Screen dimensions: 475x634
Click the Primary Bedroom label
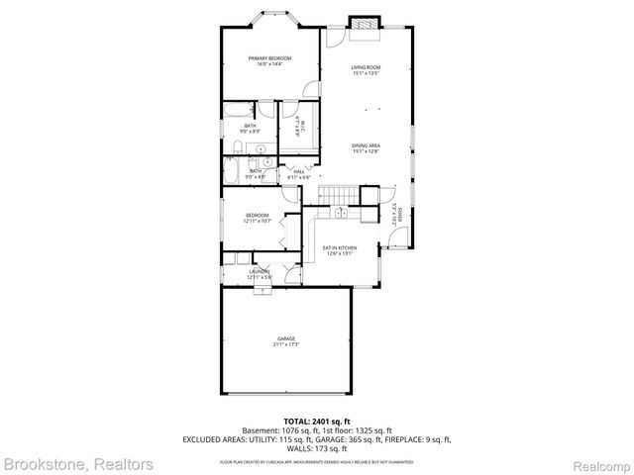[269, 60]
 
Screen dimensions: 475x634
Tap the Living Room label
[366, 69]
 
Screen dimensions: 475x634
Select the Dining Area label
[366, 148]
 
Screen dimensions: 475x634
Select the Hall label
[298, 172]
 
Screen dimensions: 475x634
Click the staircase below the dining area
[338, 192]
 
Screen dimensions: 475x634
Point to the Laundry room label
[259, 272]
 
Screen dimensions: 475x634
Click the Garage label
[285, 340]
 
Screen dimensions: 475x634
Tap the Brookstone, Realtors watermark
[77, 463]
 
